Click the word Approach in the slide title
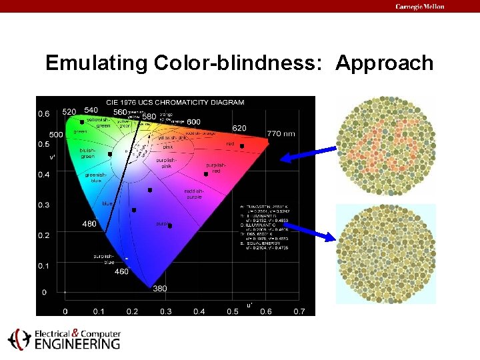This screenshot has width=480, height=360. tap(385, 64)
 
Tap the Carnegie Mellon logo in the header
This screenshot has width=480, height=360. tap(419, 7)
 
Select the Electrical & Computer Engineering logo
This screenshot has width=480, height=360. tap(64, 339)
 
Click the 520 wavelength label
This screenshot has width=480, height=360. tap(69, 112)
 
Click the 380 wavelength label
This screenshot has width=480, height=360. tap(160, 289)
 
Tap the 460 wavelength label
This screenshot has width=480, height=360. tap(121, 271)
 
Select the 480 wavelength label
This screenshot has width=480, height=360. tap(89, 223)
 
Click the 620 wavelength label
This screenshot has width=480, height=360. tap(239, 127)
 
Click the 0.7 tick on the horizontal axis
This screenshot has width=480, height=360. tap(299, 311)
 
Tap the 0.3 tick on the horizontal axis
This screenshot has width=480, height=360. tap(165, 311)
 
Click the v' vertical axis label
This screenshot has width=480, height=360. tap(52, 157)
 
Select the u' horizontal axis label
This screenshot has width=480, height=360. tap(249, 304)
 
